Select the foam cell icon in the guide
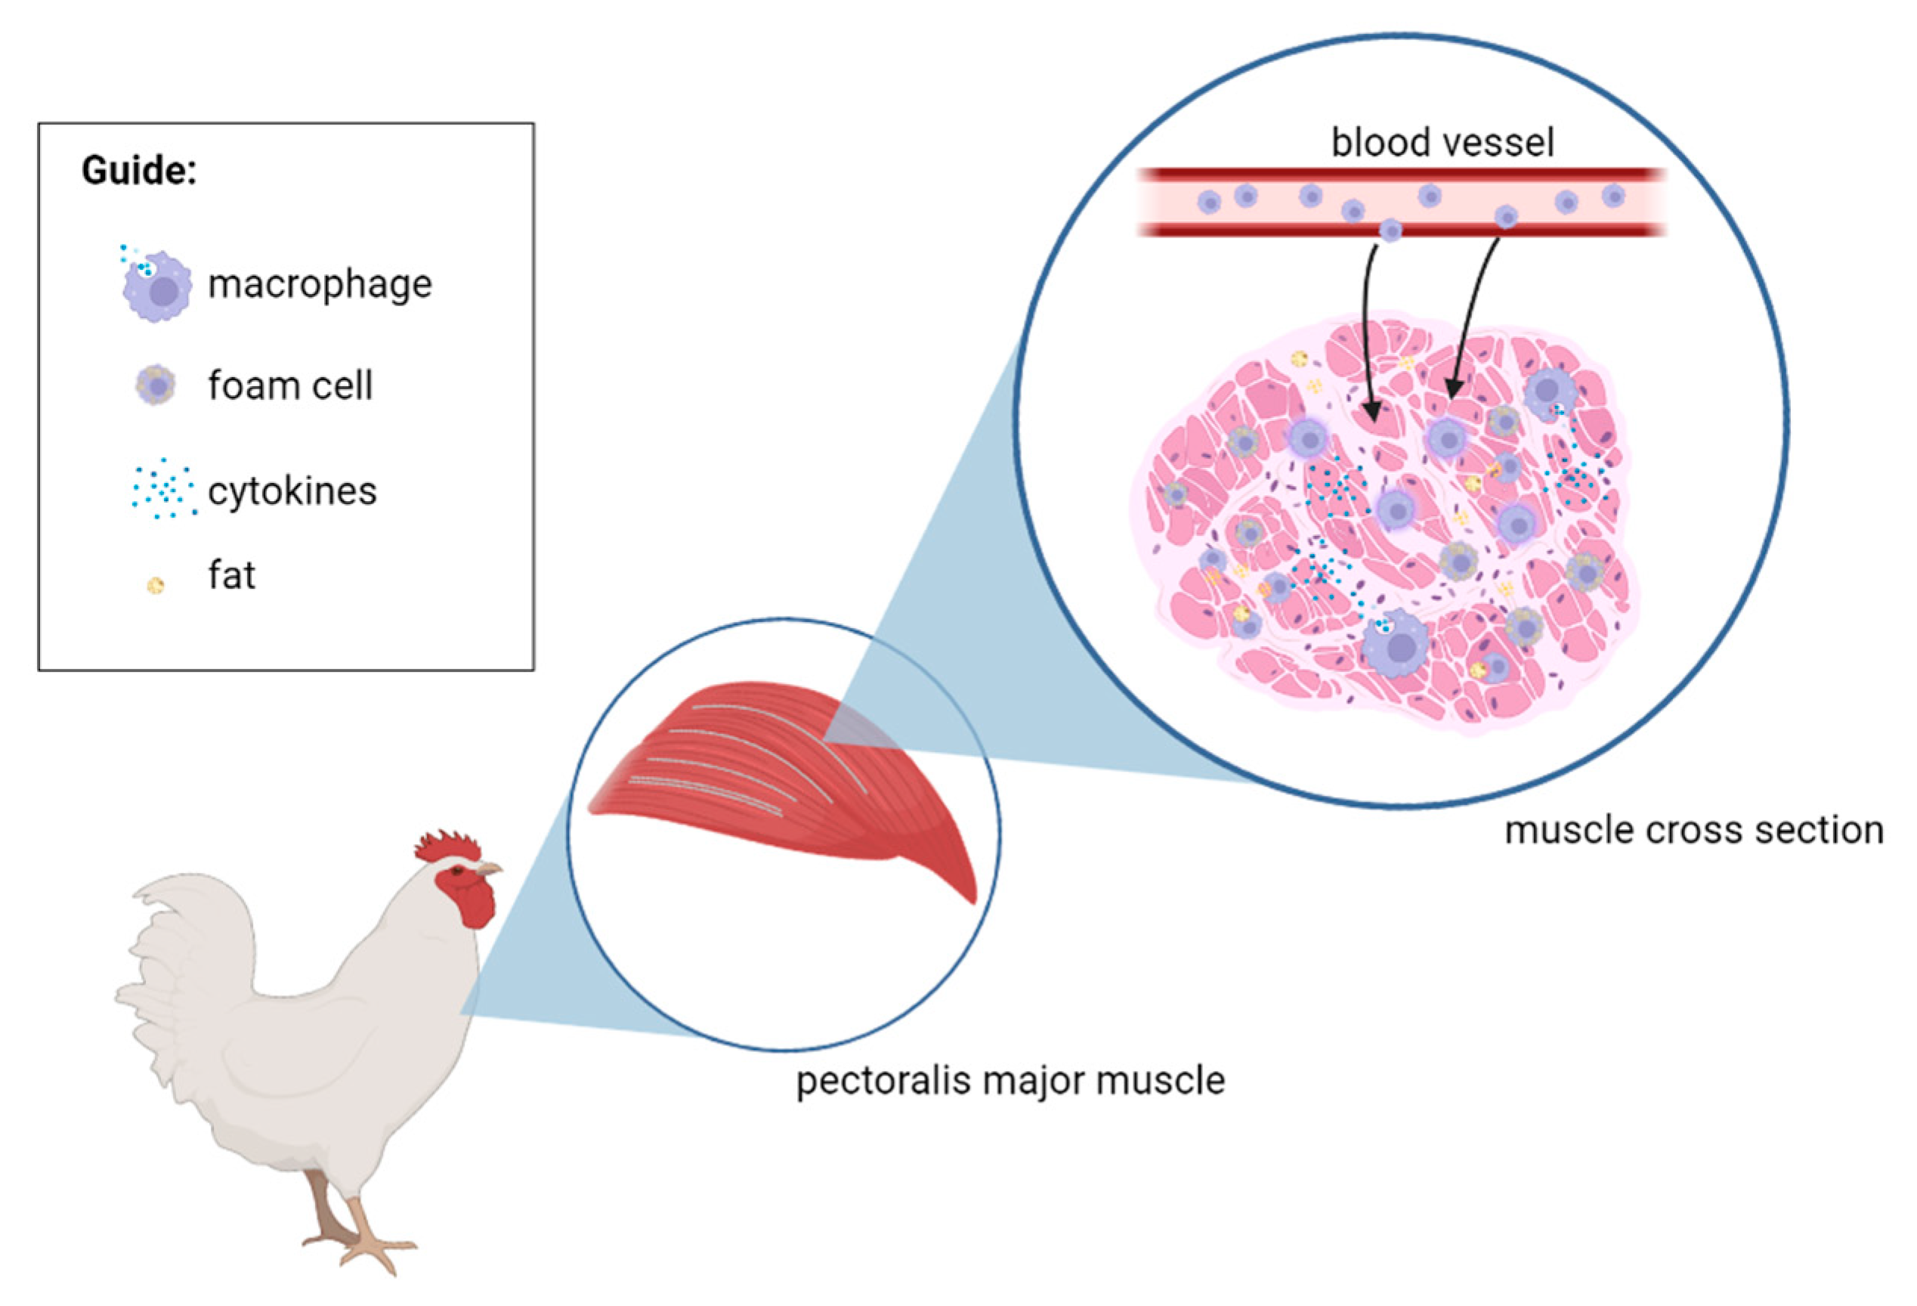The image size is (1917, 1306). coord(155,385)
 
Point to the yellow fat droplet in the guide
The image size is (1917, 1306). coord(155,585)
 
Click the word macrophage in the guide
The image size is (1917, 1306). coord(319,285)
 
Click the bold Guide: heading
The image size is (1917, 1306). coord(138,171)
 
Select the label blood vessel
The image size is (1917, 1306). coord(1442,143)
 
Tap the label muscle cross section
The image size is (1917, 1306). coord(1693,830)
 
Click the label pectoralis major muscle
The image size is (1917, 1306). coord(1010,1081)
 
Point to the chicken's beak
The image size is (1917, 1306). coord(489,868)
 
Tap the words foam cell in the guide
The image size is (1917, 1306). coord(289,386)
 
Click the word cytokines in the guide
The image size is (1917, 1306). coord(292,492)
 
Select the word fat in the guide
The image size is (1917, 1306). coord(231,575)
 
